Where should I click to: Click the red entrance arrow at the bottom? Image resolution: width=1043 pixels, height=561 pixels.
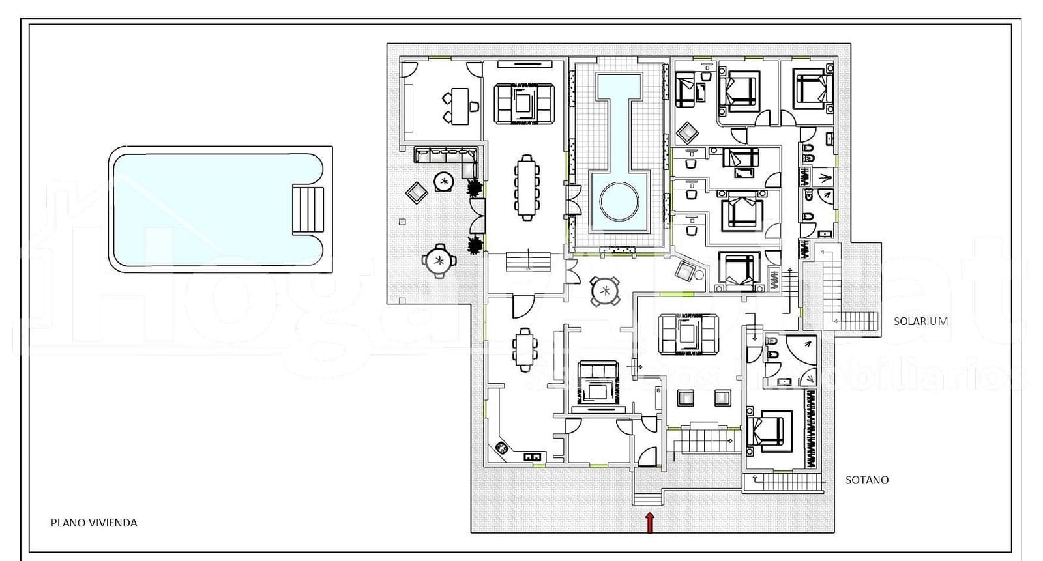click(649, 522)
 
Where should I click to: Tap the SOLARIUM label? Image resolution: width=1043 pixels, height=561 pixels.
click(920, 321)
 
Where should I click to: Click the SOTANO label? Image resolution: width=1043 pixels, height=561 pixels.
click(866, 480)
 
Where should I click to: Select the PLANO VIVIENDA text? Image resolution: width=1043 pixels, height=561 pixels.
click(94, 523)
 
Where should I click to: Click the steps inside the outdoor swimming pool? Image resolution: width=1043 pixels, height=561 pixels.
click(307, 209)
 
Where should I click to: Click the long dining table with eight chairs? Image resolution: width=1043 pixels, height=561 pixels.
click(527, 188)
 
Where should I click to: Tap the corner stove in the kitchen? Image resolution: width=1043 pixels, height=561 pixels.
click(502, 448)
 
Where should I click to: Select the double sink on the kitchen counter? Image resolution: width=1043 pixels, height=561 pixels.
click(533, 457)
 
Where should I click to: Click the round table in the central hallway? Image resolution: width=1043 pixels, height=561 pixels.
click(605, 291)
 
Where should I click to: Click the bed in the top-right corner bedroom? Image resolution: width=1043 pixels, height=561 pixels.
click(812, 89)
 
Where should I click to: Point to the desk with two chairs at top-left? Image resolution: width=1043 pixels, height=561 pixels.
click(460, 106)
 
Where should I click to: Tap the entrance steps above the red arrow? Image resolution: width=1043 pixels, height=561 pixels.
click(648, 500)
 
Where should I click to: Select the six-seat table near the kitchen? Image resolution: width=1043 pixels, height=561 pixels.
click(525, 349)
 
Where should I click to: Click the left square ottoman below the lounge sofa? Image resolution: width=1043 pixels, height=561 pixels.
click(686, 397)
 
